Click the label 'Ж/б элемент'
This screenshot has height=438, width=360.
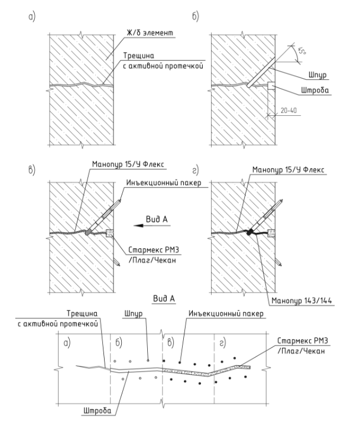(x=150, y=33)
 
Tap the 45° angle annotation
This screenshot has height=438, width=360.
(x=301, y=51)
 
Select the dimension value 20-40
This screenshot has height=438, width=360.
(x=288, y=111)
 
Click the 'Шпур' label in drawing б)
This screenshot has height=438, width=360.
(x=317, y=75)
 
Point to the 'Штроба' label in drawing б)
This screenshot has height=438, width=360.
(x=314, y=90)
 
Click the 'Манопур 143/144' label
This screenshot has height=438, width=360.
(x=301, y=300)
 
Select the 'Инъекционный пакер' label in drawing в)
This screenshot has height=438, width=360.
(x=164, y=183)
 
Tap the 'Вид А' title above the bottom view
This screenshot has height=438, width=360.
(x=164, y=299)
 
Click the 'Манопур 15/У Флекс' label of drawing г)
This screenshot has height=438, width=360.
(x=288, y=170)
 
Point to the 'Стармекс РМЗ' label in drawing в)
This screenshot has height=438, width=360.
(x=153, y=249)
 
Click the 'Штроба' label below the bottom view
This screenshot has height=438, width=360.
(x=97, y=411)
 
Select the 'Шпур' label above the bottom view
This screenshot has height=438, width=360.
(x=134, y=314)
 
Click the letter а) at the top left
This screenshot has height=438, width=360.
(x=32, y=17)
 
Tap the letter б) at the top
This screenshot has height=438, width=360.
(x=196, y=17)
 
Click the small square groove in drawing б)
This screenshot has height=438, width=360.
(x=271, y=86)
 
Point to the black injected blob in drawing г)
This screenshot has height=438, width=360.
(x=249, y=232)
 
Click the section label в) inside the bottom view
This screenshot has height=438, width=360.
(x=171, y=343)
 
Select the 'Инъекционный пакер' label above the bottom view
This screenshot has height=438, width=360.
(x=226, y=313)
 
